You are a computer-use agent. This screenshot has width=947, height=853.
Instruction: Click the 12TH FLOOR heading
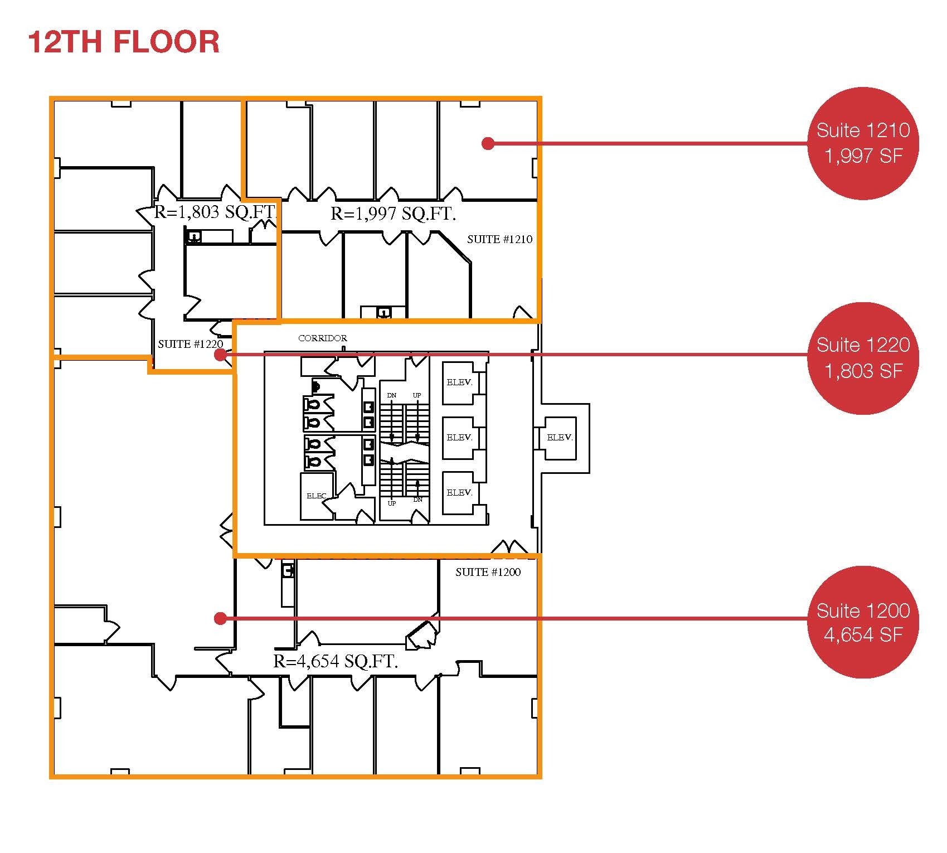[x=123, y=42]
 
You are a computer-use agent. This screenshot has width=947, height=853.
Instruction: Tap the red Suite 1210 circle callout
[x=862, y=143]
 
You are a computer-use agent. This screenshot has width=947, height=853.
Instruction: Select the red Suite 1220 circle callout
[x=862, y=358]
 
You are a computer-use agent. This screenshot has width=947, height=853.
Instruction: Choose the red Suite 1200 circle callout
[x=862, y=622]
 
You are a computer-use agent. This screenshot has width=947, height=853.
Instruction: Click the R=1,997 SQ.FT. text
[x=393, y=214]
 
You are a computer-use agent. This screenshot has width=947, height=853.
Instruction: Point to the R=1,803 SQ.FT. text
[x=215, y=212]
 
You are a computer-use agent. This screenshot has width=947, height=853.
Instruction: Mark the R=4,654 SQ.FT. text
[x=336, y=662]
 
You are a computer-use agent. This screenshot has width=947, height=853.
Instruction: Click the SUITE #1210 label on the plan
[x=499, y=240]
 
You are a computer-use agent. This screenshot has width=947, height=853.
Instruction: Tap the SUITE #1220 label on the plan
[x=190, y=344]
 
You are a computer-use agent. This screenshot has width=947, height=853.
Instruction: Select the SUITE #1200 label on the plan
[x=488, y=573]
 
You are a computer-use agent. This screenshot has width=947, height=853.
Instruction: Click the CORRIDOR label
[x=322, y=338]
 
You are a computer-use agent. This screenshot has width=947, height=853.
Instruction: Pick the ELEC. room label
[x=316, y=496]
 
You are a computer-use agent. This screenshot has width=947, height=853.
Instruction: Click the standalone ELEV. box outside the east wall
[x=560, y=438]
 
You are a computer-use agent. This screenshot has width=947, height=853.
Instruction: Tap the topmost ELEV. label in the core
[x=459, y=382]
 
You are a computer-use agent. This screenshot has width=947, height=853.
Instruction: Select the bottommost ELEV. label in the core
[x=459, y=493]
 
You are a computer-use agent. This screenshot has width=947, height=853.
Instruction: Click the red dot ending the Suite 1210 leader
[x=488, y=144]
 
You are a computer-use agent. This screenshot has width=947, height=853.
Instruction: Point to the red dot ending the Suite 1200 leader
[x=220, y=618]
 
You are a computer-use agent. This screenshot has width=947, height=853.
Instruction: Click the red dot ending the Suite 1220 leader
[x=220, y=355]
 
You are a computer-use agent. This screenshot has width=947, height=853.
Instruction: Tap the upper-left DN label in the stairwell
[x=392, y=395]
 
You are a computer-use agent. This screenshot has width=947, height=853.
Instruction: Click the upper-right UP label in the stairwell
[x=417, y=395]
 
